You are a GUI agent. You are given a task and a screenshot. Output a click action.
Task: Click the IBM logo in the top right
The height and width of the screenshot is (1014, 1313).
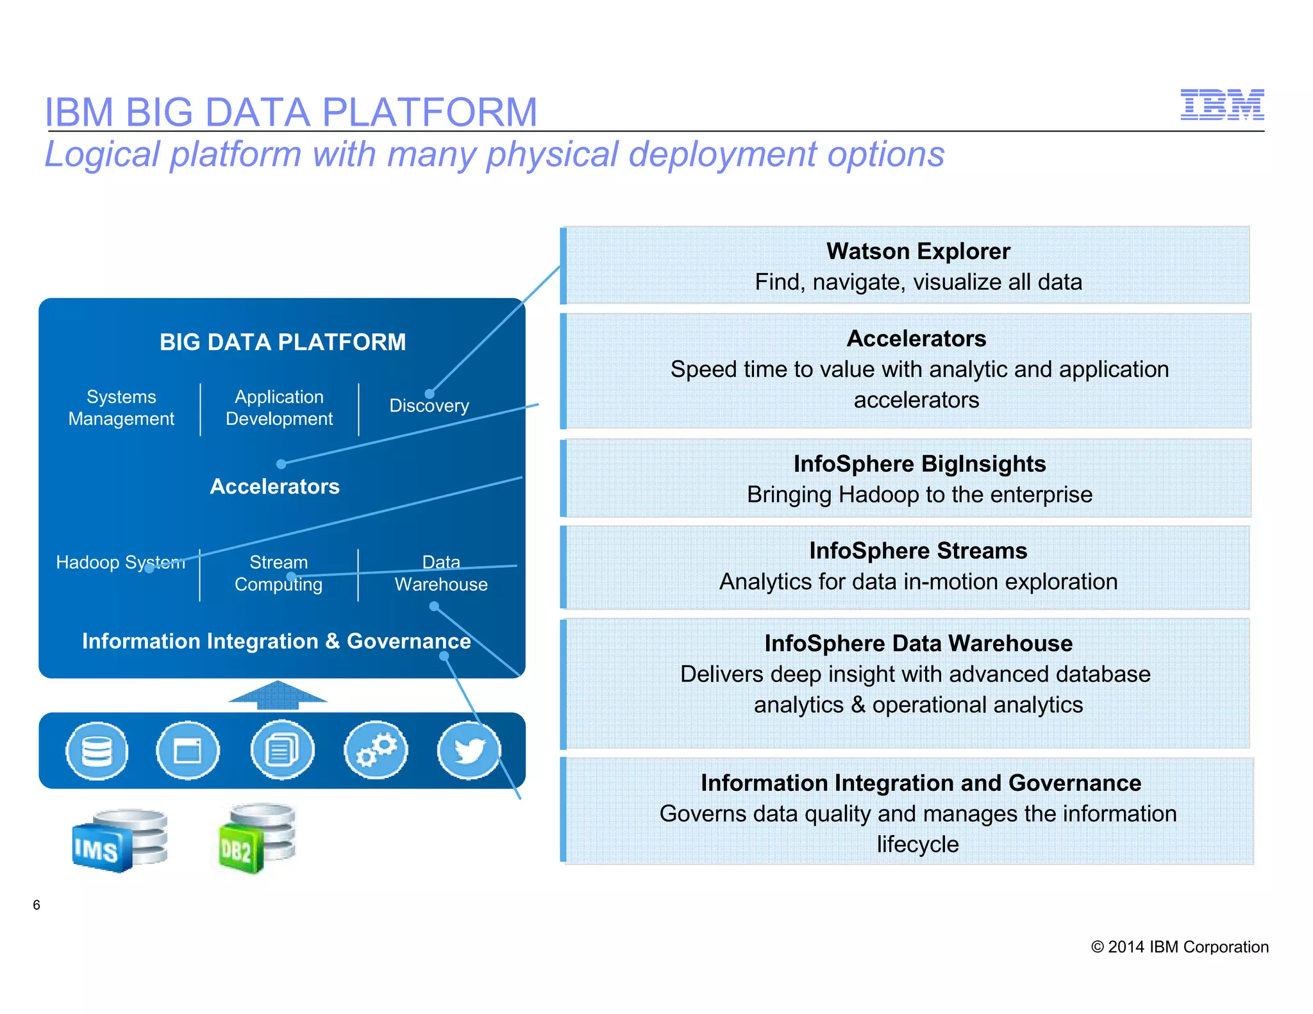1222,105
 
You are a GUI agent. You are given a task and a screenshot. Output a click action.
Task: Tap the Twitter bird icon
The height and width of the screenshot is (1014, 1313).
469,750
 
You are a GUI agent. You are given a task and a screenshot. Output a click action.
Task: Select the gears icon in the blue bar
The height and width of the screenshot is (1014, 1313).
376,750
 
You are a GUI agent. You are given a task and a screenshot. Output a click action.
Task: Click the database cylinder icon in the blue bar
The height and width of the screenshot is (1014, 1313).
97,750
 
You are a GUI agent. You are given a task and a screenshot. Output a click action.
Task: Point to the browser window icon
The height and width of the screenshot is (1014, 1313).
188,750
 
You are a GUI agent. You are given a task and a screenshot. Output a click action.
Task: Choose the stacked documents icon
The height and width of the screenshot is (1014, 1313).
282,750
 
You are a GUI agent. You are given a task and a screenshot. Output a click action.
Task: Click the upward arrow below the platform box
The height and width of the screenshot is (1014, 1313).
278,695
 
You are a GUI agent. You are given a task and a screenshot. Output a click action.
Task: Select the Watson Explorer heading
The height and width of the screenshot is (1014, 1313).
918,251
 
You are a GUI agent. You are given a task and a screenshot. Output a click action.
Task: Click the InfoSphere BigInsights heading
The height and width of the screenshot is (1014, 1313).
919,463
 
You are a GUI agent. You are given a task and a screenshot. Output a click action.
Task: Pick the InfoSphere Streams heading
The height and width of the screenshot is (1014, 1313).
918,551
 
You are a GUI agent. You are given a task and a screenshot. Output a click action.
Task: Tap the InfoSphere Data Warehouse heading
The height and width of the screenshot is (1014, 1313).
918,643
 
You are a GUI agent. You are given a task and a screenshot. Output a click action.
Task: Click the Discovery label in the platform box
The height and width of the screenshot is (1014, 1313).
429,406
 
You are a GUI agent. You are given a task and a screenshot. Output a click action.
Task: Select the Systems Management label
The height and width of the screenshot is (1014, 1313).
121,408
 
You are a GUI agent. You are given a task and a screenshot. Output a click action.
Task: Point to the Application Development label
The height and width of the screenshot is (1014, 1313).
279,408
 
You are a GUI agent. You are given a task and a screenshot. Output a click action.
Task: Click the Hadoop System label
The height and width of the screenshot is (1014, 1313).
121,562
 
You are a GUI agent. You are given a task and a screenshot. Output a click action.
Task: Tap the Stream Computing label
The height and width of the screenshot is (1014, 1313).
278,573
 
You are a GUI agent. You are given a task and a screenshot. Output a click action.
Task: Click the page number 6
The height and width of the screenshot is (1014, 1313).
37,905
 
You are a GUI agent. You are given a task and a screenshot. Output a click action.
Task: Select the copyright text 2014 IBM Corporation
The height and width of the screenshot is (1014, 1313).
1180,947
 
